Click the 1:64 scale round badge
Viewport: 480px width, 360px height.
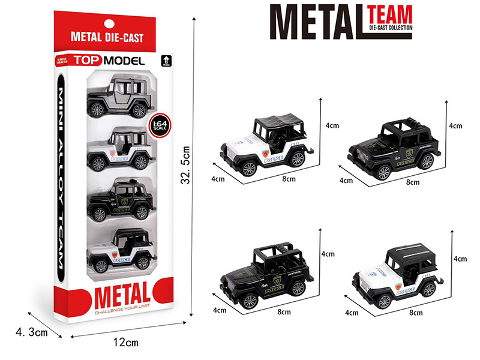coord(158,126)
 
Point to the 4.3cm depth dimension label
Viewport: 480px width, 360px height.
coord(29,331)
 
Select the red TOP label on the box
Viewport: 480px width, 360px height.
coord(89,61)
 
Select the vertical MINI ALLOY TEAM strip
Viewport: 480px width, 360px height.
coord(63,181)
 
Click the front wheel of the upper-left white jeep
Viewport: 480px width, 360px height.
coord(249,168)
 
